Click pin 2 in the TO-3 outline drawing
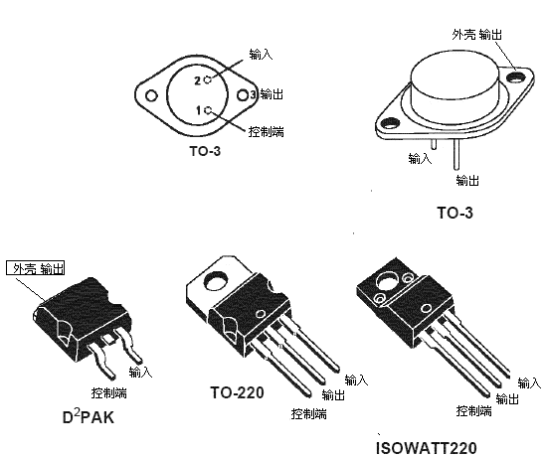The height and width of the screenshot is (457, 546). pyautogui.click(x=205, y=78)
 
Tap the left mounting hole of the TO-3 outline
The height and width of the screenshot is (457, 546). pyautogui.click(x=151, y=97)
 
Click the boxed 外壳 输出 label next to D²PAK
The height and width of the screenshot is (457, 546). pyautogui.click(x=37, y=268)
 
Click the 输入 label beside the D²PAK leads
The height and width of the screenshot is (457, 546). pyautogui.click(x=140, y=372)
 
